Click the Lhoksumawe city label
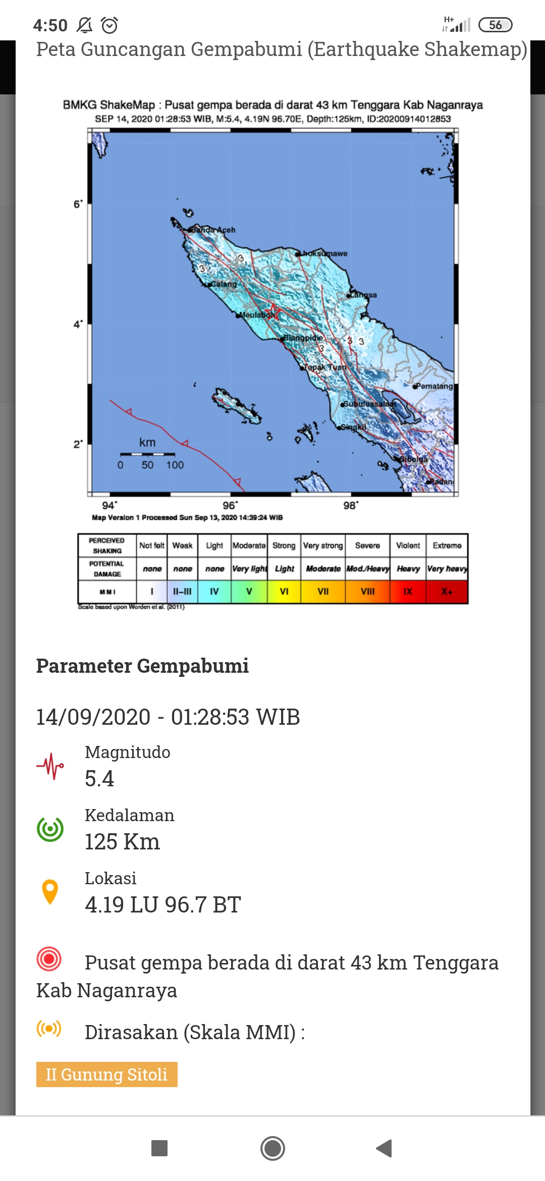[324, 253]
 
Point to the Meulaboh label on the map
[257, 315]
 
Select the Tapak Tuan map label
[325, 367]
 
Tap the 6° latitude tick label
[78, 204]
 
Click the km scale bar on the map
[147, 454]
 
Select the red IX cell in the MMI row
[408, 592]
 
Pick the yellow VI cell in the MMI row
[284, 592]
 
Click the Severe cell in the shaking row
[367, 546]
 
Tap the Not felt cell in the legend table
[152, 546]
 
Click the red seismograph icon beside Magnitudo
[50, 766]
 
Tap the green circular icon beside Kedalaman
[50, 829]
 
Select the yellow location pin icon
[50, 892]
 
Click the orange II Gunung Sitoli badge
[106, 1075]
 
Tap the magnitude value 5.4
[99, 779]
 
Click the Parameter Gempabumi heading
[142, 666]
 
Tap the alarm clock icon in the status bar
[110, 25]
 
